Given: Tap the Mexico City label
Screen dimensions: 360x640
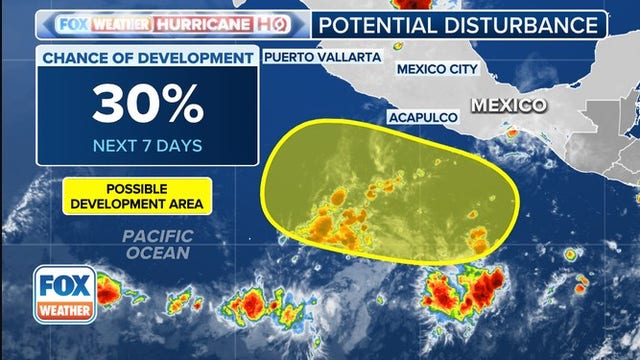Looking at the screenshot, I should pyautogui.click(x=438, y=69).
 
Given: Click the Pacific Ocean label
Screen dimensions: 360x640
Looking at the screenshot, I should pyautogui.click(x=157, y=245).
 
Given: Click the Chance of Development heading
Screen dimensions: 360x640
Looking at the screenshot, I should pyautogui.click(x=147, y=59).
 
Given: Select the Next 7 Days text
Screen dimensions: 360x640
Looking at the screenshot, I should pyautogui.click(x=147, y=145).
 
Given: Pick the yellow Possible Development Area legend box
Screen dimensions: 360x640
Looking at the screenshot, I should pyautogui.click(x=137, y=196).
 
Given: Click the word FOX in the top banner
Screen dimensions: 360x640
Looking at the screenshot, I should pyautogui.click(x=72, y=23).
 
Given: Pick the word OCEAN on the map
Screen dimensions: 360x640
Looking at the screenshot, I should pyautogui.click(x=157, y=253).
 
